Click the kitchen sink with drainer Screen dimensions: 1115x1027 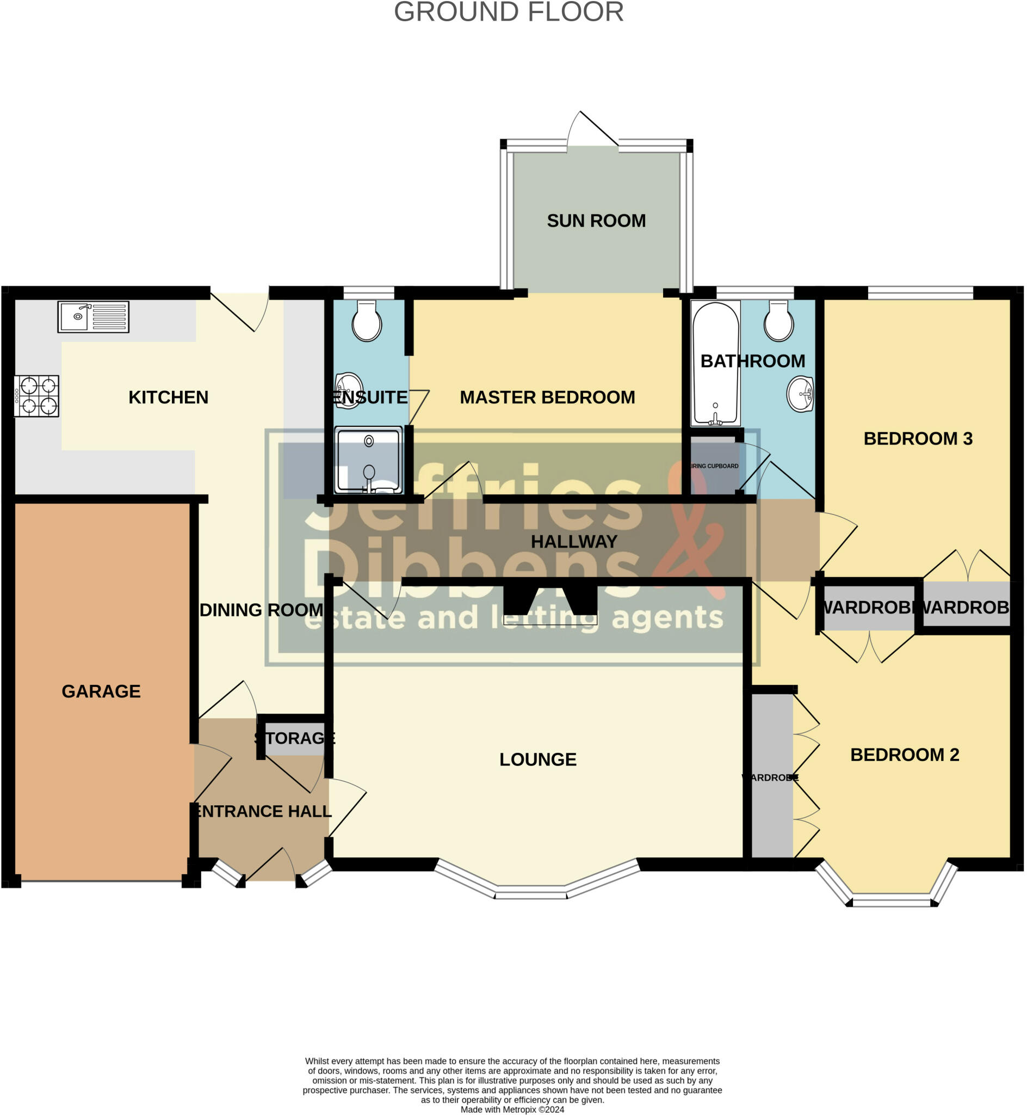coord(94,317)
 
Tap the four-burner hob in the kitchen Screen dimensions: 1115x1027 coord(37,396)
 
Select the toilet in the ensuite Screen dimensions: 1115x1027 coord(367,321)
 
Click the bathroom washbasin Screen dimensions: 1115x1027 coord(801,394)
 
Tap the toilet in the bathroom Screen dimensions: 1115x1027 coord(778,321)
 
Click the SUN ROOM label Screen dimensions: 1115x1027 coord(596,222)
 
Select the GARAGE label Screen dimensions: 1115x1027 coord(101,692)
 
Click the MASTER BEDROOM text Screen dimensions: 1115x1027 coord(547,397)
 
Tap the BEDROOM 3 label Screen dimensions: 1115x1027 coord(918,439)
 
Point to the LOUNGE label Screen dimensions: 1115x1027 coord(538,759)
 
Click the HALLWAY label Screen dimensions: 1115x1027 coord(574,542)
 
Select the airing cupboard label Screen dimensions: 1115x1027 coord(715,466)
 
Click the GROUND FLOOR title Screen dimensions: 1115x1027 coord(509,12)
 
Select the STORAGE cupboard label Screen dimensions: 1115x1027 coord(295,738)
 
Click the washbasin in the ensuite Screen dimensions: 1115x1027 coord(349,390)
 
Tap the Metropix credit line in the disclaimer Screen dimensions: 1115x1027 coord(512,1110)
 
